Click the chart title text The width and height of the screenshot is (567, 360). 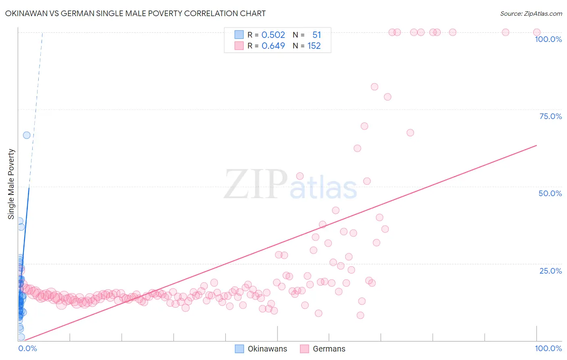pyautogui.click(x=135, y=13)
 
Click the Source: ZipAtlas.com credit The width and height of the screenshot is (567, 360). pyautogui.click(x=531, y=14)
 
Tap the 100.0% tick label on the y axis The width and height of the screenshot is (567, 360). pyautogui.click(x=548, y=39)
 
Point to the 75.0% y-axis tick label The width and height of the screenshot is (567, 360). pyautogui.click(x=550, y=116)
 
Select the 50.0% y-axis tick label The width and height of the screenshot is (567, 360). pyautogui.click(x=550, y=193)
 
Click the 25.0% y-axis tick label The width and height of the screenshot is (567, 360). pyautogui.click(x=550, y=271)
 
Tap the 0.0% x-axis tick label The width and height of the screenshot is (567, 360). pyautogui.click(x=27, y=348)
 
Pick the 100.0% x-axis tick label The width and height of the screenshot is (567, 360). pyautogui.click(x=548, y=348)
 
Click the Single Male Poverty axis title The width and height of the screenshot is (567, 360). pyautogui.click(x=11, y=184)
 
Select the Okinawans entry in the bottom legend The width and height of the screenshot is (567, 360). pyautogui.click(x=267, y=349)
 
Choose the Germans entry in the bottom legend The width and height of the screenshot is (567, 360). pyautogui.click(x=329, y=349)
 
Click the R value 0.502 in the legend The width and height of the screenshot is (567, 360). pyautogui.click(x=273, y=35)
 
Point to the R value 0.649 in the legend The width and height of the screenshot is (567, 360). pyautogui.click(x=273, y=46)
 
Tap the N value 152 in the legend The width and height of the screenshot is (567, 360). pyautogui.click(x=314, y=46)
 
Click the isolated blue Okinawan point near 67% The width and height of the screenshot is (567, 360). pyautogui.click(x=27, y=135)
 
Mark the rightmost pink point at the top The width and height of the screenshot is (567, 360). pyautogui.click(x=537, y=32)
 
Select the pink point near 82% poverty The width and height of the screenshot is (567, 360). pyautogui.click(x=374, y=87)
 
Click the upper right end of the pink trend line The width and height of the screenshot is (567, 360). pyautogui.click(x=536, y=145)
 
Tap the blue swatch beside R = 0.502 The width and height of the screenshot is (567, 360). pyautogui.click(x=239, y=35)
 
